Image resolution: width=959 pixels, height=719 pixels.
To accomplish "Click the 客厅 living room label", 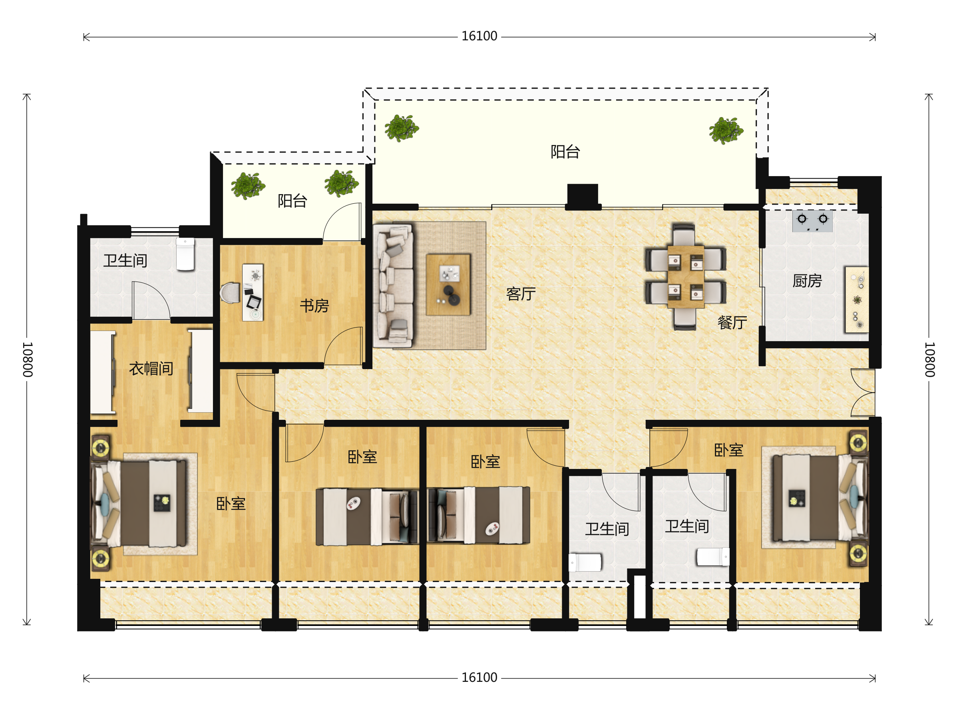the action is [521, 294].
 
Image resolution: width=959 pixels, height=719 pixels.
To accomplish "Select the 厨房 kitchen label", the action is [807, 281].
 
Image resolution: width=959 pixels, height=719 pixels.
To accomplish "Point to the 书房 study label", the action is [314, 306].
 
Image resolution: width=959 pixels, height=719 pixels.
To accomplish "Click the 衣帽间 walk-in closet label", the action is [151, 369].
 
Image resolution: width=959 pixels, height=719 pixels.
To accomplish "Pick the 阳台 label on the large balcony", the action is [565, 152].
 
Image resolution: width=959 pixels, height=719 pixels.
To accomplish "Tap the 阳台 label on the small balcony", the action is [292, 201].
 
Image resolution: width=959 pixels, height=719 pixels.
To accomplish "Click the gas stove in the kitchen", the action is [812, 221].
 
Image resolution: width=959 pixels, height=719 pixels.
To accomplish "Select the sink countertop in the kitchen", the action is [857, 300].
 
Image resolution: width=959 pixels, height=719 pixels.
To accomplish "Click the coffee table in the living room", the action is [448, 285].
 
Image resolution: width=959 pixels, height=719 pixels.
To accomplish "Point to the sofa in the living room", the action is [393, 286].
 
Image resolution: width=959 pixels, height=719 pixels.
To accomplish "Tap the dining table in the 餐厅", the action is [685, 276].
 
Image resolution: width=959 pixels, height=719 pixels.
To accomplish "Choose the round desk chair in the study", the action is [230, 293].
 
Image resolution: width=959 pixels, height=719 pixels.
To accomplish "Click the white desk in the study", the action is [253, 292].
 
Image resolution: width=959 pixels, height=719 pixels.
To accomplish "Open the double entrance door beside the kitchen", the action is [863, 393].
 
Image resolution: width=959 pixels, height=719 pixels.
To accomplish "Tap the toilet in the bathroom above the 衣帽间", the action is [185, 254].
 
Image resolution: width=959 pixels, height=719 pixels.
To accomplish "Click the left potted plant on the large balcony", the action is [402, 128].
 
